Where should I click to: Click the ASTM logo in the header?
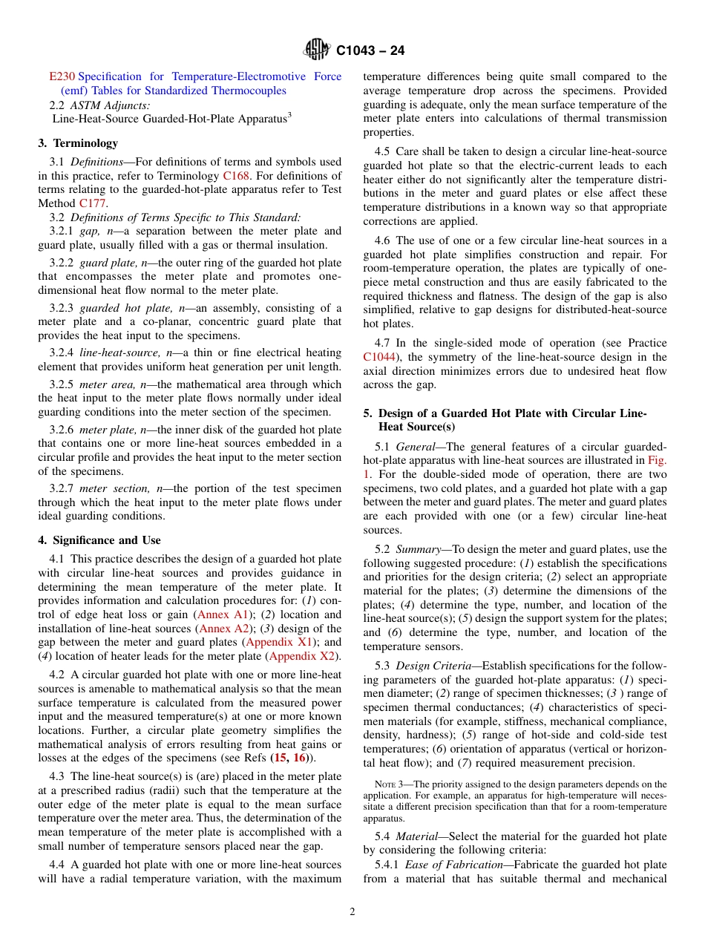[x=318, y=50]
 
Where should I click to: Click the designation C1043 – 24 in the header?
[x=370, y=51]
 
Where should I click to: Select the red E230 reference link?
[x=62, y=76]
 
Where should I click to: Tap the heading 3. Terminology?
[x=78, y=143]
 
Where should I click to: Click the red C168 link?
[x=235, y=176]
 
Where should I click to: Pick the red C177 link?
[x=93, y=203]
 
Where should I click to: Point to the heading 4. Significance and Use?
[x=99, y=540]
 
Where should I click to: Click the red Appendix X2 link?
[x=303, y=656]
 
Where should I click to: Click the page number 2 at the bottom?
[x=352, y=912]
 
